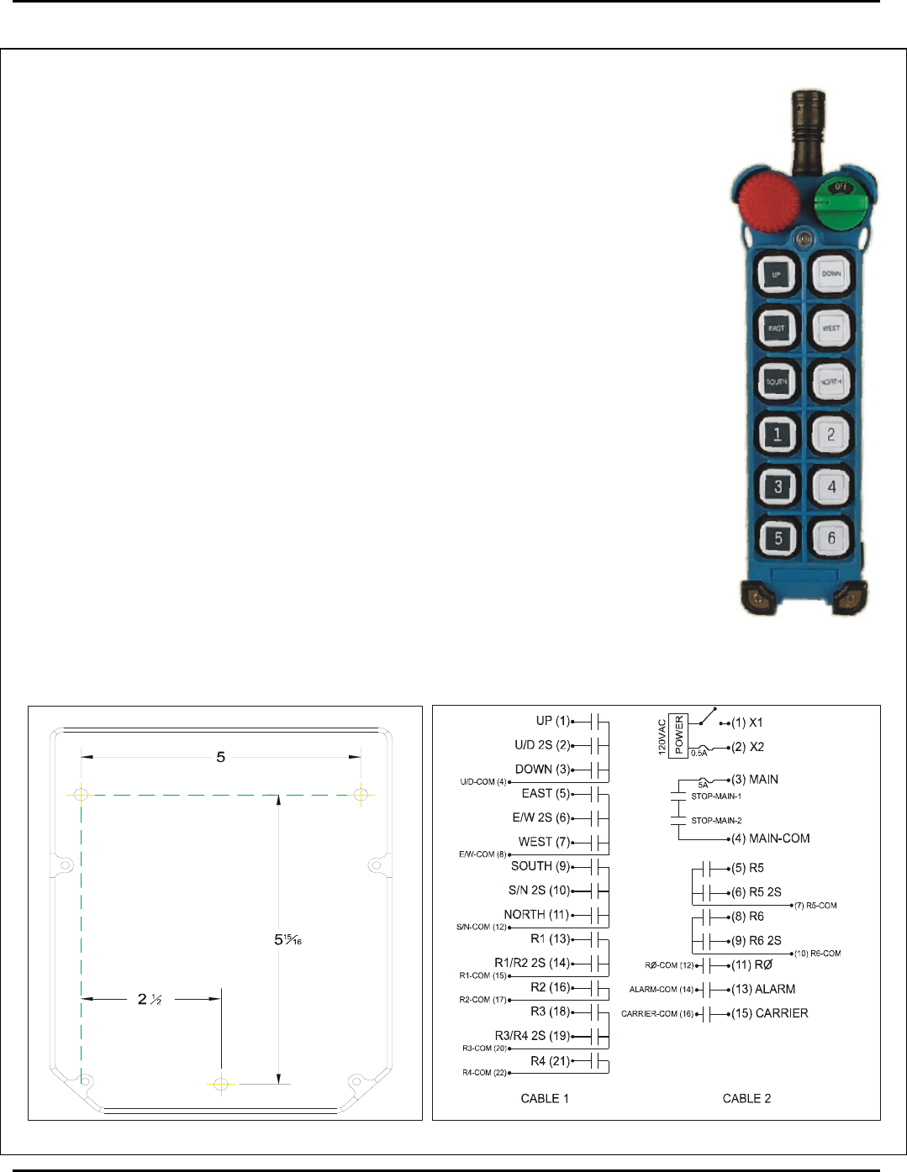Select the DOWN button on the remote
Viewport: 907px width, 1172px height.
[831, 273]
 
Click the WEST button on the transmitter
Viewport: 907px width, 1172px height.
[831, 328]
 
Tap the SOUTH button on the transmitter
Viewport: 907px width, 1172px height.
[777, 381]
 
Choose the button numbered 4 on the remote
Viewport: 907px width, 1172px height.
[831, 486]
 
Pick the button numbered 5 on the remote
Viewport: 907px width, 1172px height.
[778, 539]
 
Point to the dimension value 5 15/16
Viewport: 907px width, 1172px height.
[287, 939]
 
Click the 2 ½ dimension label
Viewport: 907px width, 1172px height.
[150, 999]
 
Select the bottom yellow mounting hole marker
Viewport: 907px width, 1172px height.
[221, 1084]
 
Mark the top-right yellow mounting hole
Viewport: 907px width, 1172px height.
[361, 794]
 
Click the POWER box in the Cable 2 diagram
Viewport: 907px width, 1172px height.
[678, 735]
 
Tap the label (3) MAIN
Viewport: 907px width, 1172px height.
[755, 780]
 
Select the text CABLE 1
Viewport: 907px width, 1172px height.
[545, 1098]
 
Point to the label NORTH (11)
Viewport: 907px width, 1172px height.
[536, 914]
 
